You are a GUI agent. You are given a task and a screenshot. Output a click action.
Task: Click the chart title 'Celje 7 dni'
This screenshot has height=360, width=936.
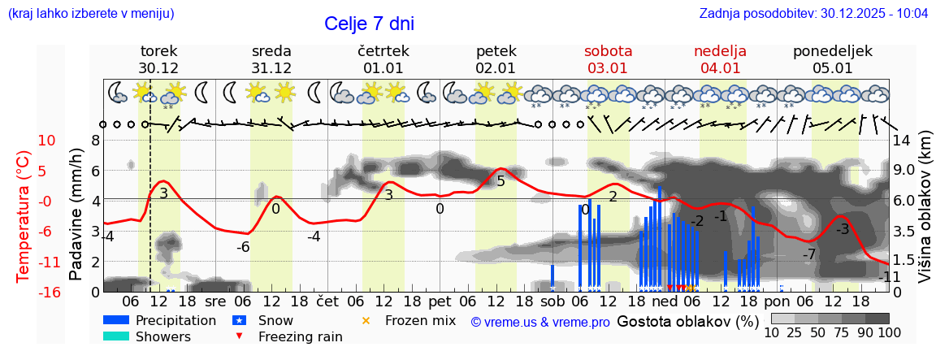coord(375,24)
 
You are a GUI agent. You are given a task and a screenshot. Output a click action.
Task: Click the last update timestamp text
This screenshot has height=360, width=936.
coord(813,14)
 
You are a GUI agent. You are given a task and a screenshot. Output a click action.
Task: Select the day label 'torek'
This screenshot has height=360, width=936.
coord(158,50)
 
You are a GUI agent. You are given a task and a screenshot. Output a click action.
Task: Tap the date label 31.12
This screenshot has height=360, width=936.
coord(271,68)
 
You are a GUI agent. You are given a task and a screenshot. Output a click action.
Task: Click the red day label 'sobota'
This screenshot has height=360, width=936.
coord(608,50)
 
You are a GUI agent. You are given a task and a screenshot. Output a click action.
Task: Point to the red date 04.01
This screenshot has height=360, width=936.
coord(720,68)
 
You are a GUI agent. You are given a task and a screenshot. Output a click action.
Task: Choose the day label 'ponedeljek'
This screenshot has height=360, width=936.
coord(833,50)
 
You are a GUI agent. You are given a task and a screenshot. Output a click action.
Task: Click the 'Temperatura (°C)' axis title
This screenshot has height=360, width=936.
coord(23,215)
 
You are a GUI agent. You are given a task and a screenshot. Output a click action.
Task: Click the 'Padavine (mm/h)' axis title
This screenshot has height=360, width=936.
coord(76,215)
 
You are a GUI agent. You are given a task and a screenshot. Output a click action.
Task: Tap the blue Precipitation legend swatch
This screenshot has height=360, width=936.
coord(116,320)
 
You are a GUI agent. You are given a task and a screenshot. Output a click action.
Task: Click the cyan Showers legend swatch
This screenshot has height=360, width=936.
coord(116,336)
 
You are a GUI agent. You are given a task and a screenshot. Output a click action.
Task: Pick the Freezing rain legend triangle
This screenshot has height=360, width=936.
coord(238,336)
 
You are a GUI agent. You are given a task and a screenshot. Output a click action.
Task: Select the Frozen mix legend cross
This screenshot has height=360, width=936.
coord(365,321)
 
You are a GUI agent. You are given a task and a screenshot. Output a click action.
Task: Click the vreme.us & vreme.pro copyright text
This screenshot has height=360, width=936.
coord(540,322)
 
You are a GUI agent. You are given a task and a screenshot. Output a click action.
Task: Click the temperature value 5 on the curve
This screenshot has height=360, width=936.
coord(500,181)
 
